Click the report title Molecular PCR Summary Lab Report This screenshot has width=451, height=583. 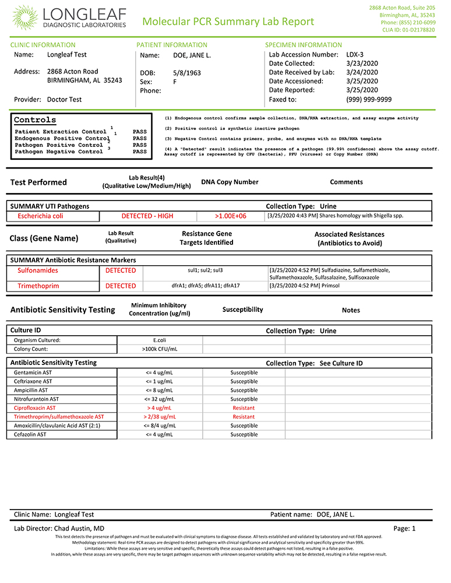[x=228, y=22]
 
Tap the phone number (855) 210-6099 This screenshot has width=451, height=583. [x=409, y=22]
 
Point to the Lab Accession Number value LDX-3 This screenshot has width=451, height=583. [x=356, y=54]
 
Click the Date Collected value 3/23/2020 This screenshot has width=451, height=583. [x=362, y=63]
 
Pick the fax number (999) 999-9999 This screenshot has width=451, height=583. [x=368, y=99]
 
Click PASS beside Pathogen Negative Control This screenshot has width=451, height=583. [x=140, y=152]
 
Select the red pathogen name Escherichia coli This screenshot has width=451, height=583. [x=40, y=216]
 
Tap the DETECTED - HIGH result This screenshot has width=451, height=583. [x=147, y=216]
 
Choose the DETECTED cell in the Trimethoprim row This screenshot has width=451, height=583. [x=121, y=286]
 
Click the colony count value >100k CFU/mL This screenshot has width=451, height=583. [x=159, y=349]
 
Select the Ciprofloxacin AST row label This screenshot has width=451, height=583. [x=35, y=408]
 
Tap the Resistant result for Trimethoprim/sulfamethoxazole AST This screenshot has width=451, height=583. [x=244, y=417]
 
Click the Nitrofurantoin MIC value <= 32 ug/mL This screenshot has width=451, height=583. [x=159, y=399]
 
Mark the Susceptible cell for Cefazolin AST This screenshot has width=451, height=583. [x=244, y=434]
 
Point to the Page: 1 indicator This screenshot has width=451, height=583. [x=404, y=528]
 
